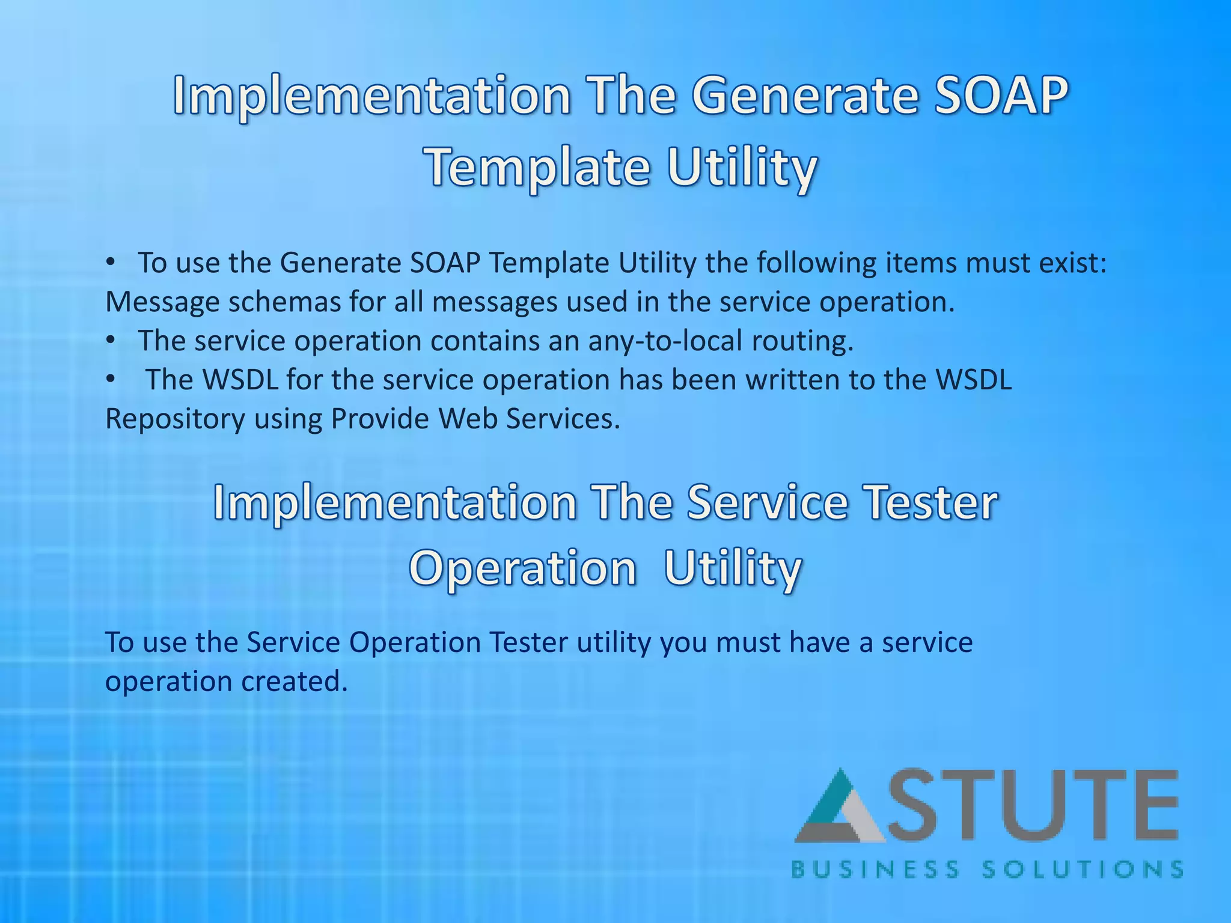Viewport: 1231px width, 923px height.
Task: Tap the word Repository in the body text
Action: (x=175, y=419)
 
